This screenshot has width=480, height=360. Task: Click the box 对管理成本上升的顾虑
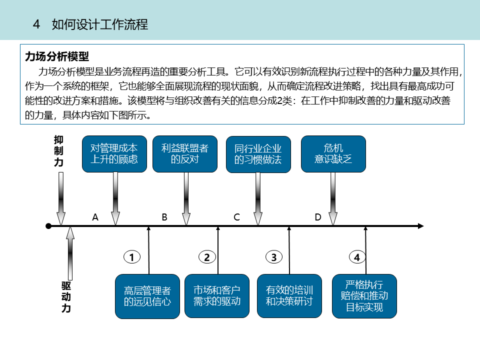[x=114, y=154]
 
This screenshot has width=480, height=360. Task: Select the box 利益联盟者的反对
[x=184, y=154]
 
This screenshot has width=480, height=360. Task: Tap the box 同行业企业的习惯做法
[x=258, y=154]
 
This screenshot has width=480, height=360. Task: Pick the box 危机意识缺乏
[x=333, y=154]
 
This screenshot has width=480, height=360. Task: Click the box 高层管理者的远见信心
[x=147, y=296]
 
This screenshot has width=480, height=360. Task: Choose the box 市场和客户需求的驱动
[x=217, y=296]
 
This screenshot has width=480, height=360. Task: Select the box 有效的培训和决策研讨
[x=289, y=296]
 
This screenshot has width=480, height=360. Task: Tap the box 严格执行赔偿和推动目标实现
[x=364, y=296]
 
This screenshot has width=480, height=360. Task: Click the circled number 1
[x=132, y=257]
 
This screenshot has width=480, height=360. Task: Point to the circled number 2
[x=207, y=257]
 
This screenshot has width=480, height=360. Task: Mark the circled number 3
[x=273, y=257]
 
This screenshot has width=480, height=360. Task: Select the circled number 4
[x=357, y=257]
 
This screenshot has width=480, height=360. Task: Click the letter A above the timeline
[x=95, y=217]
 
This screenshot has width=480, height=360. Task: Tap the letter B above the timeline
[x=164, y=217]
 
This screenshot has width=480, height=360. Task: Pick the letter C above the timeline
[x=237, y=217]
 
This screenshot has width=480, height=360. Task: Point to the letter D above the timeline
[x=318, y=217]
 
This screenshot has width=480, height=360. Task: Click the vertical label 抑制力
[x=59, y=151]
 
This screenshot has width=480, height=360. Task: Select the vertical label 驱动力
[x=66, y=297]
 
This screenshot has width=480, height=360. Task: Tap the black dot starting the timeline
[x=48, y=226]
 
